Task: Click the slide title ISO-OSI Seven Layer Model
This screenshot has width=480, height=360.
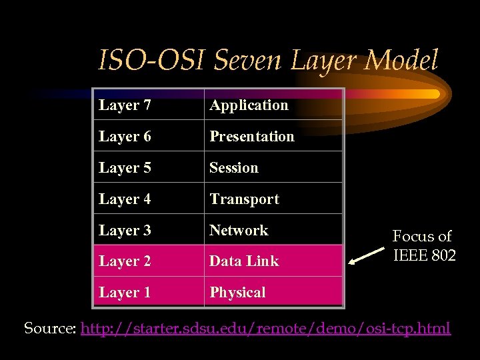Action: point(268,61)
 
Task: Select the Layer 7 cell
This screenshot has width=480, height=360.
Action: point(148,105)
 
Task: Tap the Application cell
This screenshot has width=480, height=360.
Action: point(273,105)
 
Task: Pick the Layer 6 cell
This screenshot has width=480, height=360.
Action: point(148,136)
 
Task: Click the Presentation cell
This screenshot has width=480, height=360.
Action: point(273,136)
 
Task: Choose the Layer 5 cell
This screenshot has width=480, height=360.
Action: point(148,167)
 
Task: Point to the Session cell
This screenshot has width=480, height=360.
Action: point(273,167)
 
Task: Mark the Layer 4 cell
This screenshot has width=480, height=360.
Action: point(148,199)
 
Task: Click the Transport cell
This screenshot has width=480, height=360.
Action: point(273,199)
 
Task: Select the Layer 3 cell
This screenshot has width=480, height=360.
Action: point(148,230)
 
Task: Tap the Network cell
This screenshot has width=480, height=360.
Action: point(273,230)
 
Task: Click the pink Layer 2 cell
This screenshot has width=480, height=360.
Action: point(148,261)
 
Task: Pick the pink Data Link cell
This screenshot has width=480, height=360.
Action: point(273,261)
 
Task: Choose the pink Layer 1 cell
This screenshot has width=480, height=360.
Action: point(148,292)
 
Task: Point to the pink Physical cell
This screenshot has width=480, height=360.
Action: point(273,292)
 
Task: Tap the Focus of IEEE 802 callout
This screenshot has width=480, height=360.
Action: point(423,245)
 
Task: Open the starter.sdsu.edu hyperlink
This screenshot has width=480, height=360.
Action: point(265,328)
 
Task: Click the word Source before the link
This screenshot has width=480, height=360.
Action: point(50,328)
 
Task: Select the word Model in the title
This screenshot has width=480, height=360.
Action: point(402,61)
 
